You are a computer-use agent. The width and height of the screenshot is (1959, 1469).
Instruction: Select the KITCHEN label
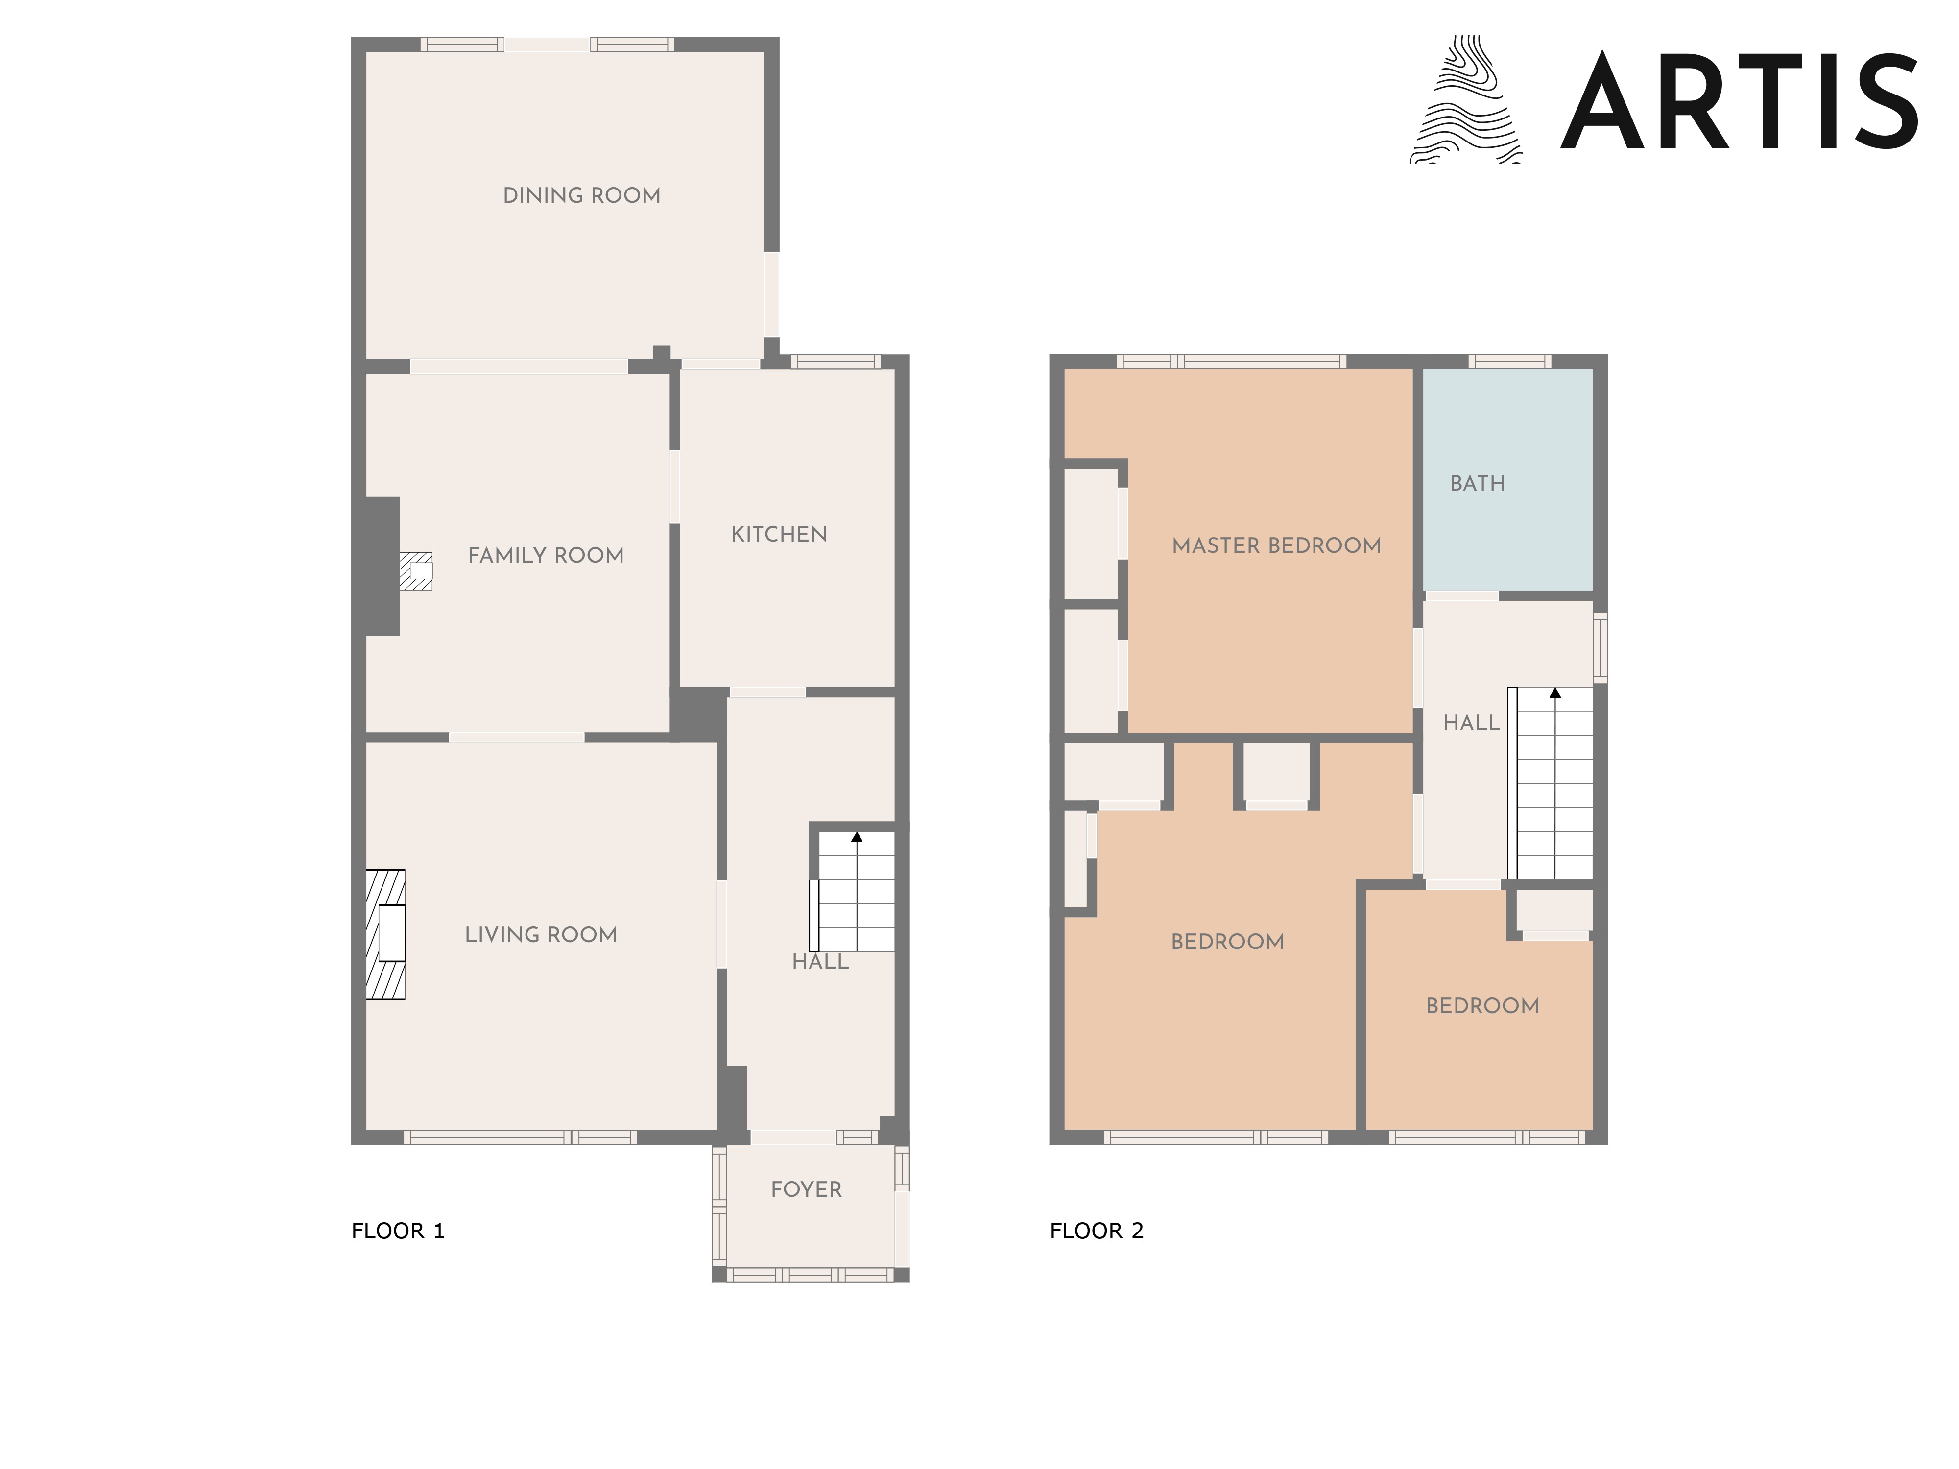(x=779, y=534)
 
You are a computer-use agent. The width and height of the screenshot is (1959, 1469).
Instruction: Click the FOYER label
(x=806, y=1189)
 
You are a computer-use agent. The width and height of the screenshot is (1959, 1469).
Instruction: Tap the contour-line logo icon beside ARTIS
(x=1466, y=99)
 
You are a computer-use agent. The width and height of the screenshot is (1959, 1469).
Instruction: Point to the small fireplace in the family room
(x=415, y=571)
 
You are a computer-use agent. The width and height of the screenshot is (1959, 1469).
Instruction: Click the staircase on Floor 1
(x=852, y=891)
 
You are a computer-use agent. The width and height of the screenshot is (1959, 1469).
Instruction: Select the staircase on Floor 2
(x=1550, y=783)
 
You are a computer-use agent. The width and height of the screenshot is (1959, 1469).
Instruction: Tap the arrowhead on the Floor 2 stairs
(x=1555, y=693)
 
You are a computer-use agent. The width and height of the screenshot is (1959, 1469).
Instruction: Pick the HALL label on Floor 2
(x=1472, y=723)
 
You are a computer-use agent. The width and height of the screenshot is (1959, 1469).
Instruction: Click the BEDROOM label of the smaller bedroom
(x=1482, y=1006)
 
